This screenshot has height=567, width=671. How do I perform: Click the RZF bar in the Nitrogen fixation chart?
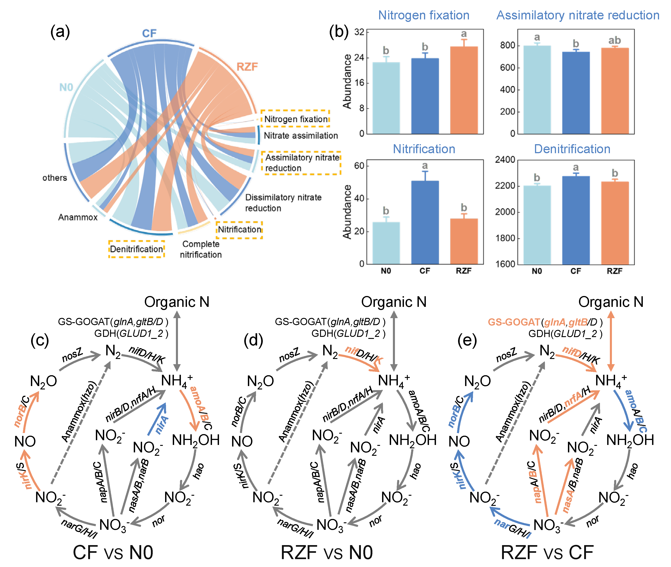(x=463, y=90)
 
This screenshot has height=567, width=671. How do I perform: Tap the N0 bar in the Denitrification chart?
(x=537, y=225)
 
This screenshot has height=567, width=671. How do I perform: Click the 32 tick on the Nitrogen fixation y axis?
(x=359, y=32)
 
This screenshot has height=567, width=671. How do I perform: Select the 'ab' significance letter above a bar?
(x=614, y=41)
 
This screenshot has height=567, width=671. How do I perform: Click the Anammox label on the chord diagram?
(x=78, y=218)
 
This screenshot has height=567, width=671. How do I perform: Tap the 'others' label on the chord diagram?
(x=55, y=178)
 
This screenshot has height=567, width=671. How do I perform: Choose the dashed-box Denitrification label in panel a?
(x=137, y=249)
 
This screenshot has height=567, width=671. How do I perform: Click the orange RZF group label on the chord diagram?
(x=247, y=67)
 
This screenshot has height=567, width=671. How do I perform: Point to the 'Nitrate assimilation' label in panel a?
(x=301, y=136)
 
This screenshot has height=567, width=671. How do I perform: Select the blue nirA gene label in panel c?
(x=162, y=424)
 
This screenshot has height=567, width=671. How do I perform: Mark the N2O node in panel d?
(x=260, y=381)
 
